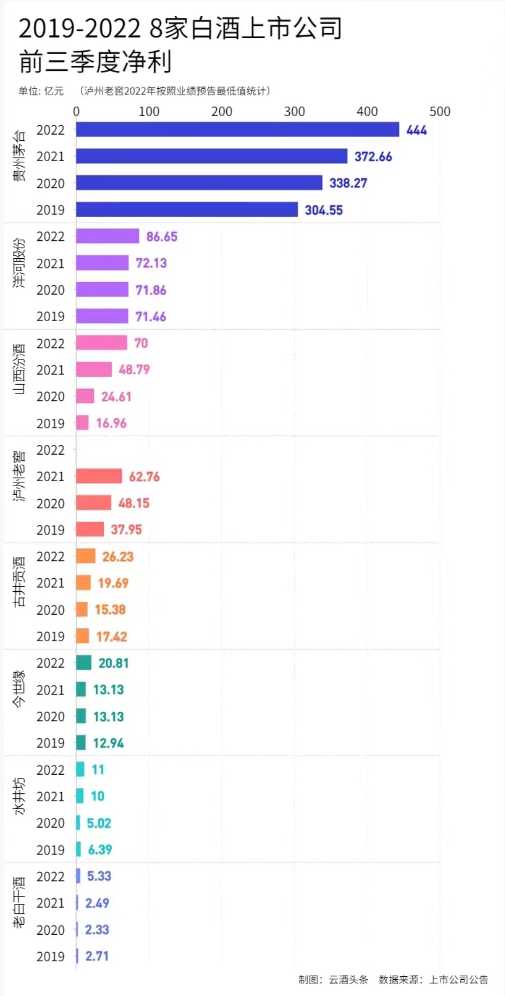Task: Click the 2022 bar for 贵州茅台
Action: tap(238, 130)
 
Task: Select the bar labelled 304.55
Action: tap(187, 209)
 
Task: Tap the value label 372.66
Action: tap(373, 157)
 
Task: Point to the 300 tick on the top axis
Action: tap(294, 112)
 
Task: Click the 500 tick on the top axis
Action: tap(440, 112)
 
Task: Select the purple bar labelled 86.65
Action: tap(107, 236)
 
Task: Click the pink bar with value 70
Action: tap(102, 342)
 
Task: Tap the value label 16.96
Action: tap(111, 423)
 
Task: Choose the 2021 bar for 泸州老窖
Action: tap(99, 476)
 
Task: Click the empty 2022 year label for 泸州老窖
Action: tap(51, 450)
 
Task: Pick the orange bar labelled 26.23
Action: tap(86, 556)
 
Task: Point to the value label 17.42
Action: tap(112, 637)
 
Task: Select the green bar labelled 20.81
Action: tap(84, 663)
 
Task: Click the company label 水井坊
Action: tap(19, 796)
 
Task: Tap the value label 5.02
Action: tap(99, 823)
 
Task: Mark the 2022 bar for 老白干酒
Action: tap(78, 876)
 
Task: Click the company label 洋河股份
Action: tap(19, 263)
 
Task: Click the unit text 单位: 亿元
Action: tap(41, 91)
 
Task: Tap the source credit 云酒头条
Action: tap(348, 980)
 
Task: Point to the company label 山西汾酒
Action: tap(19, 369)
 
